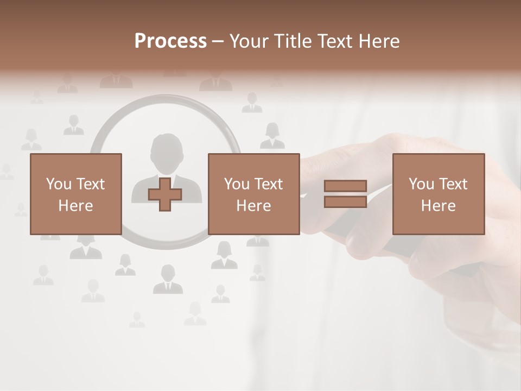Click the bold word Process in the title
click(x=170, y=41)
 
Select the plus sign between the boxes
click(x=165, y=194)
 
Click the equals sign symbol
click(x=345, y=194)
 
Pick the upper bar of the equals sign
click(x=345, y=186)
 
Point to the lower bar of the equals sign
click(x=345, y=201)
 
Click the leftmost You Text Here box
click(x=76, y=194)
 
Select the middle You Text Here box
click(x=254, y=194)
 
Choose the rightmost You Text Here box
click(x=439, y=194)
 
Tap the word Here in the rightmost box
click(x=439, y=206)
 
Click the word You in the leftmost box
click(x=58, y=184)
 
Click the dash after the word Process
click(x=218, y=41)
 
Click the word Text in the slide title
click(x=335, y=41)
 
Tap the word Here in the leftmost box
click(x=76, y=206)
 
